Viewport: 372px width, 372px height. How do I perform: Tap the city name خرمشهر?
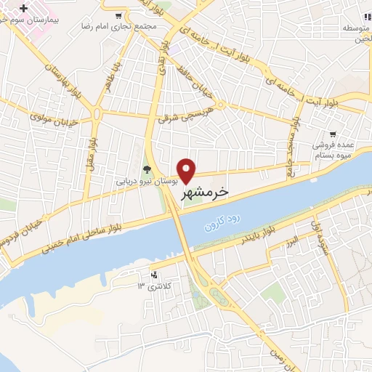coord(203,191)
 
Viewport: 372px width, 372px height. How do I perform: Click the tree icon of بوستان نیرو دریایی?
coord(147,170)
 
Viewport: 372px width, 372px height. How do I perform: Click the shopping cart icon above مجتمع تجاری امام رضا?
coord(119,15)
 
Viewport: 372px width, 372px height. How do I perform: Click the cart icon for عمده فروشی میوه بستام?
coord(333,134)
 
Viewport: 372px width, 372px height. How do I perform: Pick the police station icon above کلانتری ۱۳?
coord(153,275)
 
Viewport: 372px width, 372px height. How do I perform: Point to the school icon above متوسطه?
coord(368,16)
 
